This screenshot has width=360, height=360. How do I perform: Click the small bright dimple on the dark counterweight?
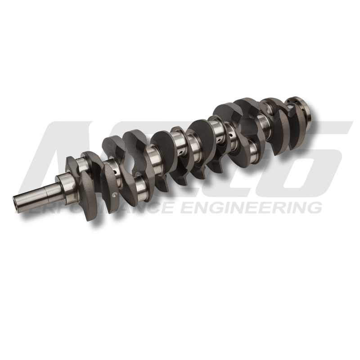tap(114, 194)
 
